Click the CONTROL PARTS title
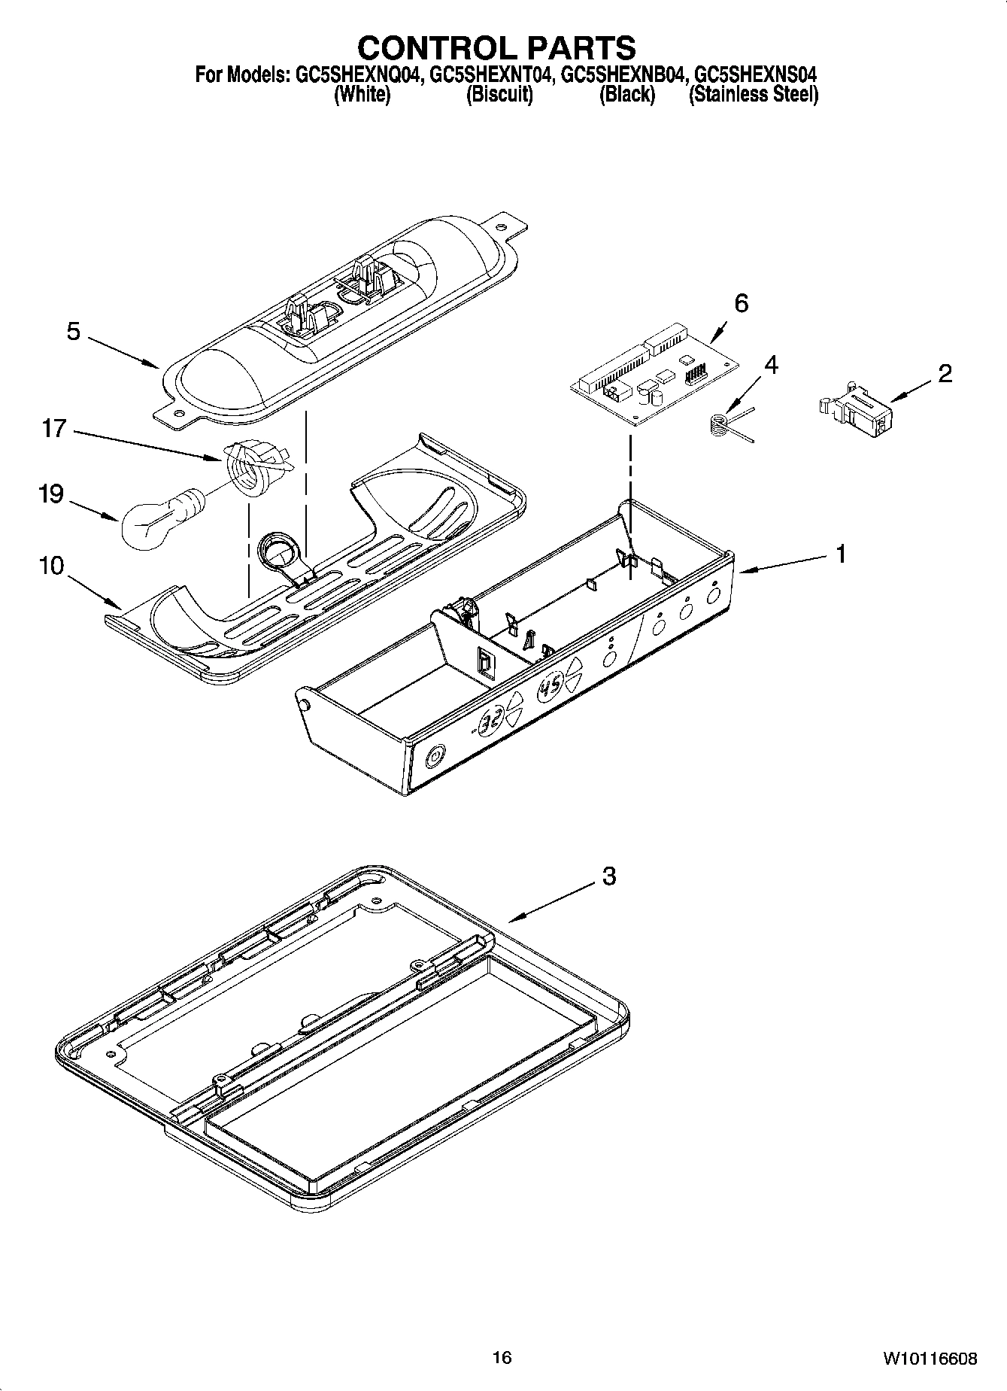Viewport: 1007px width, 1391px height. coord(496,47)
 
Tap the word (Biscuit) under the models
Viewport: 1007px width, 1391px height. coord(499,95)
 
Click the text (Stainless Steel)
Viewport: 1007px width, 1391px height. coord(754,95)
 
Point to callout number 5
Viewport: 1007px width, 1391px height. coord(73,332)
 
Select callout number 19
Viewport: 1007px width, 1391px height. coord(51,494)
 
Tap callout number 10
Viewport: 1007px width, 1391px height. coord(51,566)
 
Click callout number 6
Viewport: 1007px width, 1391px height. coord(741,303)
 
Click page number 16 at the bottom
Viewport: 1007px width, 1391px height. coord(502,1357)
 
